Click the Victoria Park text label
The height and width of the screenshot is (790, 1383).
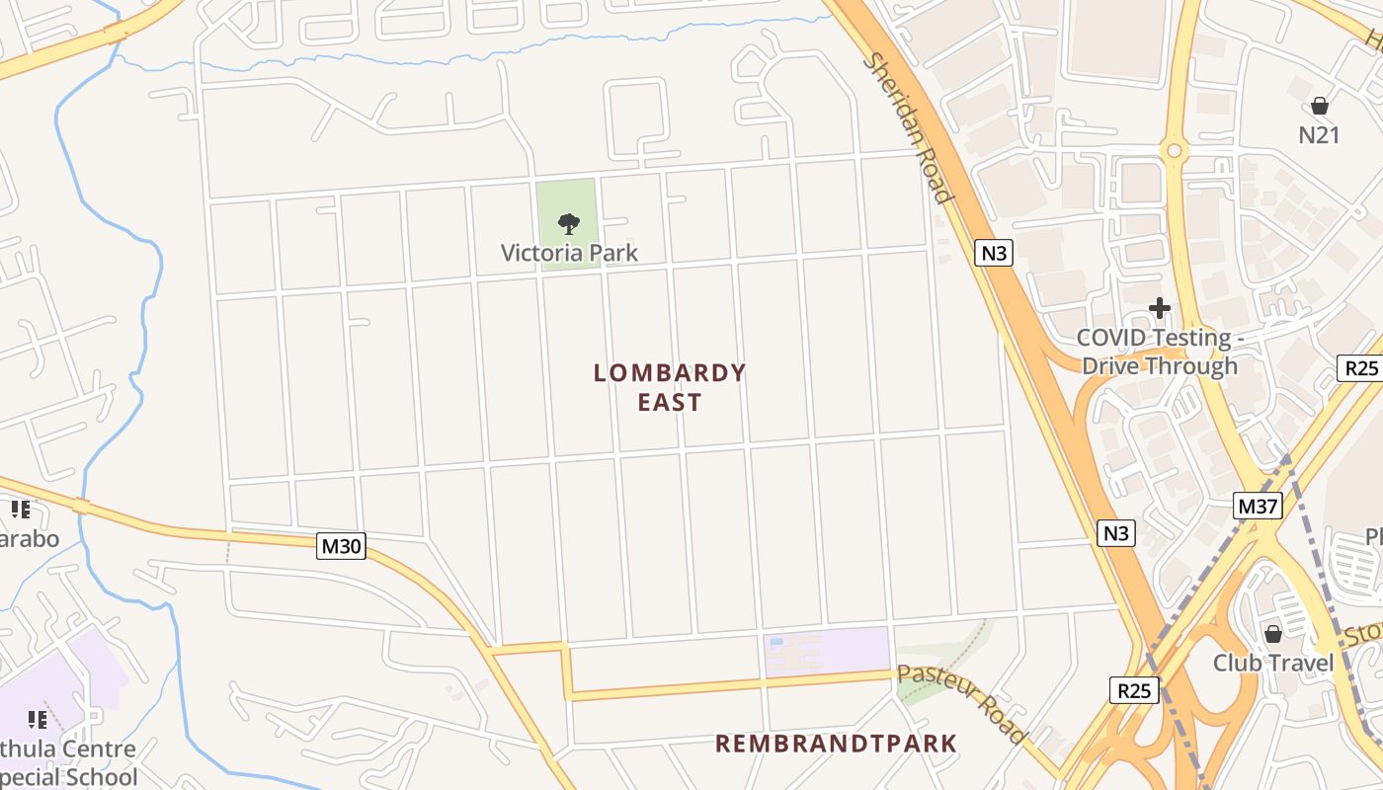click(x=569, y=253)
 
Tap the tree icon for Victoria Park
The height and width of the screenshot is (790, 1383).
click(x=568, y=224)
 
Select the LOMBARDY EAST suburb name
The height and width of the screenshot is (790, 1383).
click(x=669, y=387)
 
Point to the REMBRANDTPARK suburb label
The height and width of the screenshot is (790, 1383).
click(x=836, y=744)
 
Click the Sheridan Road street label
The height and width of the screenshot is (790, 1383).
click(x=909, y=128)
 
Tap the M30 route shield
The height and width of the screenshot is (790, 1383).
click(x=341, y=545)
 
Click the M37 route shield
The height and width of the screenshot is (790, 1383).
click(x=1259, y=507)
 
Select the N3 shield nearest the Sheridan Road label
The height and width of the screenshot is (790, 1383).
click(x=995, y=253)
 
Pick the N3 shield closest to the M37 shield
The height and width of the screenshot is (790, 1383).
click(x=1115, y=533)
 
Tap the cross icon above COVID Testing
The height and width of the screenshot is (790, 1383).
click(x=1160, y=309)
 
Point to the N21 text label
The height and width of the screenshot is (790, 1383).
click(x=1319, y=135)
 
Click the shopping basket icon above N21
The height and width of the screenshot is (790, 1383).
click(x=1320, y=106)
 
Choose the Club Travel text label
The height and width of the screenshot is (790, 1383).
click(x=1273, y=662)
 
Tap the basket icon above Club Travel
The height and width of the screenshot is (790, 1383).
click(x=1273, y=633)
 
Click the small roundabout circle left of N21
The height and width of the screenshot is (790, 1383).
click(x=1174, y=151)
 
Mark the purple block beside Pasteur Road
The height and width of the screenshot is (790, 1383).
click(x=828, y=652)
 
